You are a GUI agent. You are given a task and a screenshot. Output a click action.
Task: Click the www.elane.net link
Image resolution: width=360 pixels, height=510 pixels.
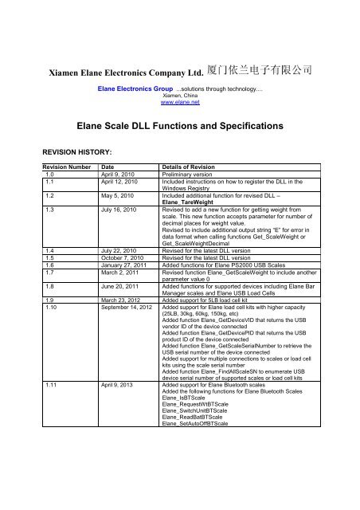tap(178, 102)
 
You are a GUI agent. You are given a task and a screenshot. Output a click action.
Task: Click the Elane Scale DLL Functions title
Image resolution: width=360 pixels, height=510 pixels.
tap(179, 126)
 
